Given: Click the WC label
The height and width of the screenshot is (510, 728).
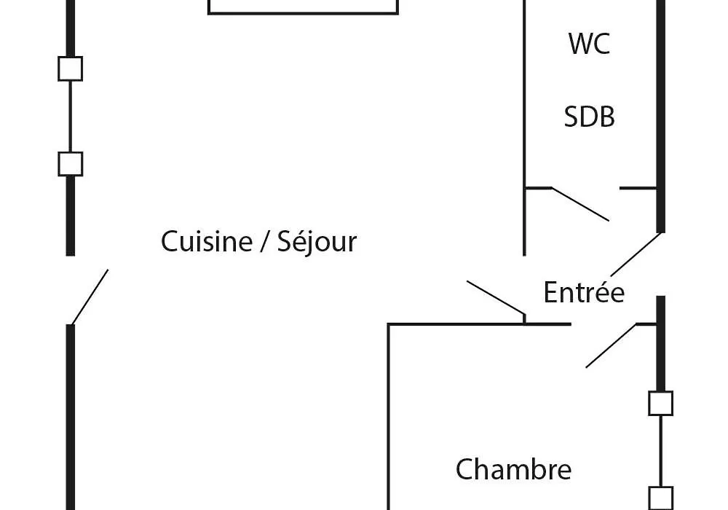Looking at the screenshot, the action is click(x=589, y=43).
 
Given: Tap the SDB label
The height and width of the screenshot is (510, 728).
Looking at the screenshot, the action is click(x=589, y=117).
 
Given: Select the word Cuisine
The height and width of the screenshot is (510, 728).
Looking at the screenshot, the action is click(x=207, y=242).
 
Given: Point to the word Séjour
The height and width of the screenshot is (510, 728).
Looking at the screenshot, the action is click(x=317, y=242).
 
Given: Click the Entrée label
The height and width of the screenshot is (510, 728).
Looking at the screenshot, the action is click(x=584, y=292).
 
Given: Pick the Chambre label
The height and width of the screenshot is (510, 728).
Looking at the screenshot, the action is click(x=513, y=469).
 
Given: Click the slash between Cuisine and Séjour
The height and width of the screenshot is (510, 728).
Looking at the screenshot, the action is click(x=265, y=242).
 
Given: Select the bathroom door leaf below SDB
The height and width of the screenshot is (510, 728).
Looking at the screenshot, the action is click(x=580, y=205).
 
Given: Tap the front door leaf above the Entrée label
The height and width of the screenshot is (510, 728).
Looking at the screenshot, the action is click(x=636, y=254).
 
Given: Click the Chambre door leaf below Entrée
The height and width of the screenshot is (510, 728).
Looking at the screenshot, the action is click(x=611, y=345).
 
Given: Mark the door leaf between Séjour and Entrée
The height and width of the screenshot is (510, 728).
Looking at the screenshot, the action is click(x=496, y=298).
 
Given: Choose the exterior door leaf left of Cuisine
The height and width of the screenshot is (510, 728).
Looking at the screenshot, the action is click(x=90, y=297).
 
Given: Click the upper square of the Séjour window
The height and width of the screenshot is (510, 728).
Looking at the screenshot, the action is click(x=70, y=68).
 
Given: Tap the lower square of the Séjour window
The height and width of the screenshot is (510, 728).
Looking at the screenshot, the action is click(x=70, y=164).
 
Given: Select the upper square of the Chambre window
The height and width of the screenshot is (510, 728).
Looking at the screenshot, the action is click(x=661, y=403).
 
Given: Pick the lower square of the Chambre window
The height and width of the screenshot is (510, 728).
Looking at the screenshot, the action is click(x=661, y=498).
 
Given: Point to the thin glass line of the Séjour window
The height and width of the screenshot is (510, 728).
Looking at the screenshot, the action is click(x=70, y=117).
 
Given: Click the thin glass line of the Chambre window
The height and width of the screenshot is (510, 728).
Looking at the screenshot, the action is click(x=661, y=451).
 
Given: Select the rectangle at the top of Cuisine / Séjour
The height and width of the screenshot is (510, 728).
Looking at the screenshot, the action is click(x=303, y=13).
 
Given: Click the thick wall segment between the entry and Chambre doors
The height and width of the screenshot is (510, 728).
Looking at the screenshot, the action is click(x=661, y=344).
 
